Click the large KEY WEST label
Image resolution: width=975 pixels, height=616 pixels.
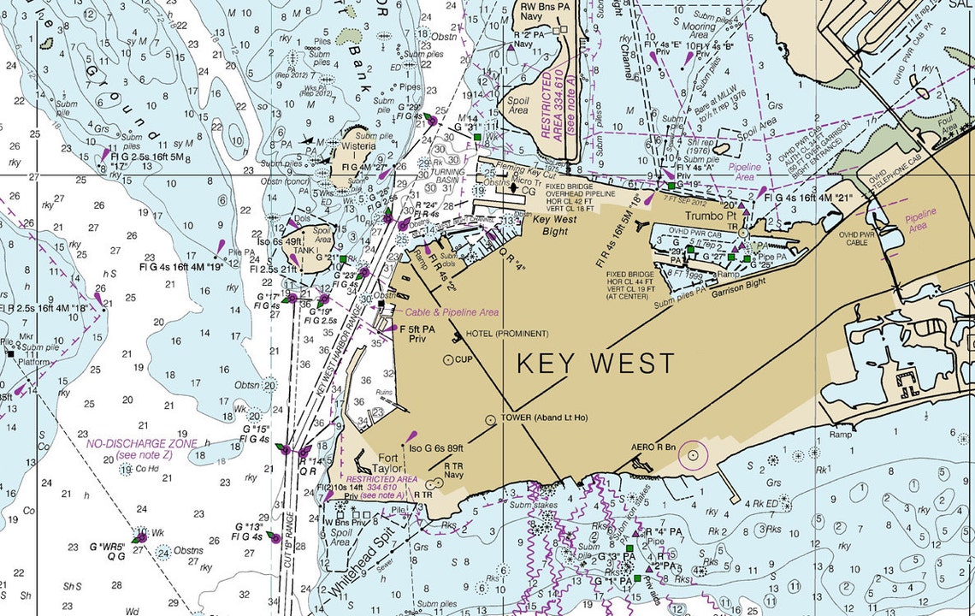click(x=595, y=363)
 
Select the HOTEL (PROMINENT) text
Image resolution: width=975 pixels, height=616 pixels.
click(x=508, y=334)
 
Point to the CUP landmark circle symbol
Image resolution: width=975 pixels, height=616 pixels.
click(x=448, y=359)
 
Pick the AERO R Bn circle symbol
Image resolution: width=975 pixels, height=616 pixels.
click(x=692, y=454)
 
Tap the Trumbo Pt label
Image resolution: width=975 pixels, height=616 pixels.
click(x=710, y=217)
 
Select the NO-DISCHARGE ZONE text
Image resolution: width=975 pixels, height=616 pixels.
click(x=141, y=443)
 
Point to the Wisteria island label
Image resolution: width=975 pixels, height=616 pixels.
click(x=358, y=146)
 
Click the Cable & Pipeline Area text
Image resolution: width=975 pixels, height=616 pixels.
click(x=452, y=313)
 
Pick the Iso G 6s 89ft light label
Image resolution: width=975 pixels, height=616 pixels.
click(x=436, y=448)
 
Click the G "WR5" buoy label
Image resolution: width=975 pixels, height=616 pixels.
click(x=108, y=546)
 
